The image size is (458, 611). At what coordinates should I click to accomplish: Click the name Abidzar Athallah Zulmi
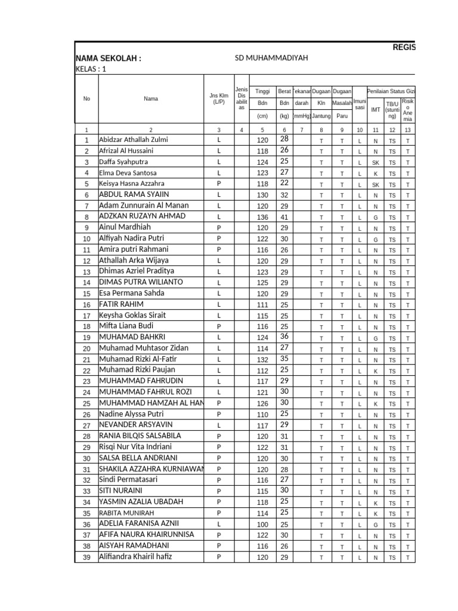(x=133, y=140)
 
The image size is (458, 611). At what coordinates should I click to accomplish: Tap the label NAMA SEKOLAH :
(x=108, y=58)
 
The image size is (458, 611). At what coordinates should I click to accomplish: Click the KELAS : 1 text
(x=91, y=69)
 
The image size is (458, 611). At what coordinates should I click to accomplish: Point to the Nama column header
(x=151, y=98)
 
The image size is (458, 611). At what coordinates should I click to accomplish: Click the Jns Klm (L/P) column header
(x=219, y=98)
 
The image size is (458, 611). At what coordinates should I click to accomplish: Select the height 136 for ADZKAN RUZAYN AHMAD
(x=262, y=217)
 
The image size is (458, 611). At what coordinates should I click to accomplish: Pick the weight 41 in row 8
(x=284, y=217)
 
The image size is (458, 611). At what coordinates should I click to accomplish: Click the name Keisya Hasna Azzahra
(x=131, y=184)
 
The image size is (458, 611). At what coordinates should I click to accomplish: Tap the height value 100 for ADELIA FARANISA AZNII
(x=262, y=524)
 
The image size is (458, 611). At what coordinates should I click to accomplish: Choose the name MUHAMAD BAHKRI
(x=132, y=337)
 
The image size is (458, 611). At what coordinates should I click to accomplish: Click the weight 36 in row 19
(x=284, y=337)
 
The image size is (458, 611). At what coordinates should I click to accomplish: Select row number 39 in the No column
(x=86, y=557)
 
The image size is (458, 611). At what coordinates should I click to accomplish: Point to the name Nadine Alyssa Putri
(x=131, y=414)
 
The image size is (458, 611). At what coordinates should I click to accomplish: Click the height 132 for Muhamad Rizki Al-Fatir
(x=262, y=359)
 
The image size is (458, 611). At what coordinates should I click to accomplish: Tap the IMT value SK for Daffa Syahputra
(x=375, y=162)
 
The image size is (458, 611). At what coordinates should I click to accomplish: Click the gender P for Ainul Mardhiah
(x=219, y=228)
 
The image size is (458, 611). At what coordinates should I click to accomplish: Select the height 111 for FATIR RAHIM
(x=262, y=305)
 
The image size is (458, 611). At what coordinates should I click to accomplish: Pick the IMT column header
(x=375, y=110)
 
